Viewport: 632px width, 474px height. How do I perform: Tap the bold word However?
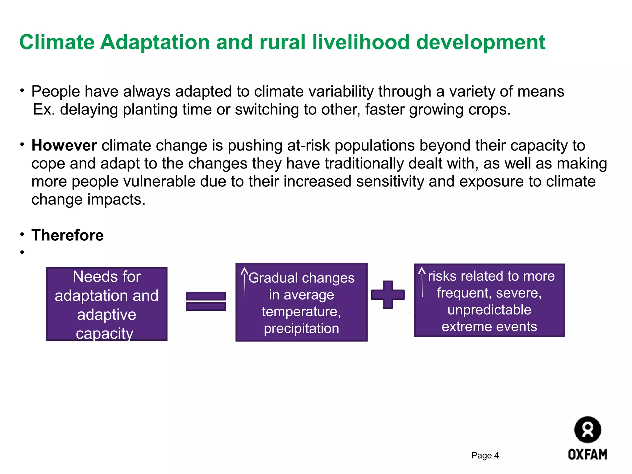(64, 145)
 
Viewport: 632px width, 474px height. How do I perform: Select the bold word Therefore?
(68, 235)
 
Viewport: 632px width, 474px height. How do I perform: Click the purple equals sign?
(206, 301)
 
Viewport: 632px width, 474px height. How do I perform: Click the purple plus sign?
(388, 295)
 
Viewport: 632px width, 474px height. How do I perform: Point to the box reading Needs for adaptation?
(106, 304)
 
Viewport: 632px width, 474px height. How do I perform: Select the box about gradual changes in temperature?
(301, 302)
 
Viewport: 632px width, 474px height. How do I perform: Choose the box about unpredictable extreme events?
(489, 300)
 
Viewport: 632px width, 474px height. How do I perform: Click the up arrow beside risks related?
(422, 282)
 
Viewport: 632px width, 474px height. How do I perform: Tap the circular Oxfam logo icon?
(587, 430)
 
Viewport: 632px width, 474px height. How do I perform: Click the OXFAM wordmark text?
(588, 455)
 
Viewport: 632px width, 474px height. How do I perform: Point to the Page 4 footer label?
(485, 455)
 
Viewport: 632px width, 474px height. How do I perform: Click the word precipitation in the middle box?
(301, 328)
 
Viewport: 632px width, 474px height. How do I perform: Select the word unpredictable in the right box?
(489, 310)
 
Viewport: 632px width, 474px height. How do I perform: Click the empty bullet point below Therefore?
(22, 252)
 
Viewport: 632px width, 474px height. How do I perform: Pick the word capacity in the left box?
(105, 334)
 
